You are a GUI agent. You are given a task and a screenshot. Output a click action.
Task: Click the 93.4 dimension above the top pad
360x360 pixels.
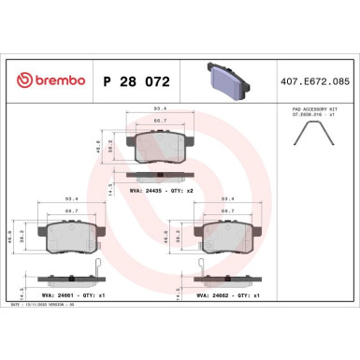point(159,109)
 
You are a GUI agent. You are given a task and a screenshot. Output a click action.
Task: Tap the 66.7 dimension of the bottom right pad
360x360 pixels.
point(225,210)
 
